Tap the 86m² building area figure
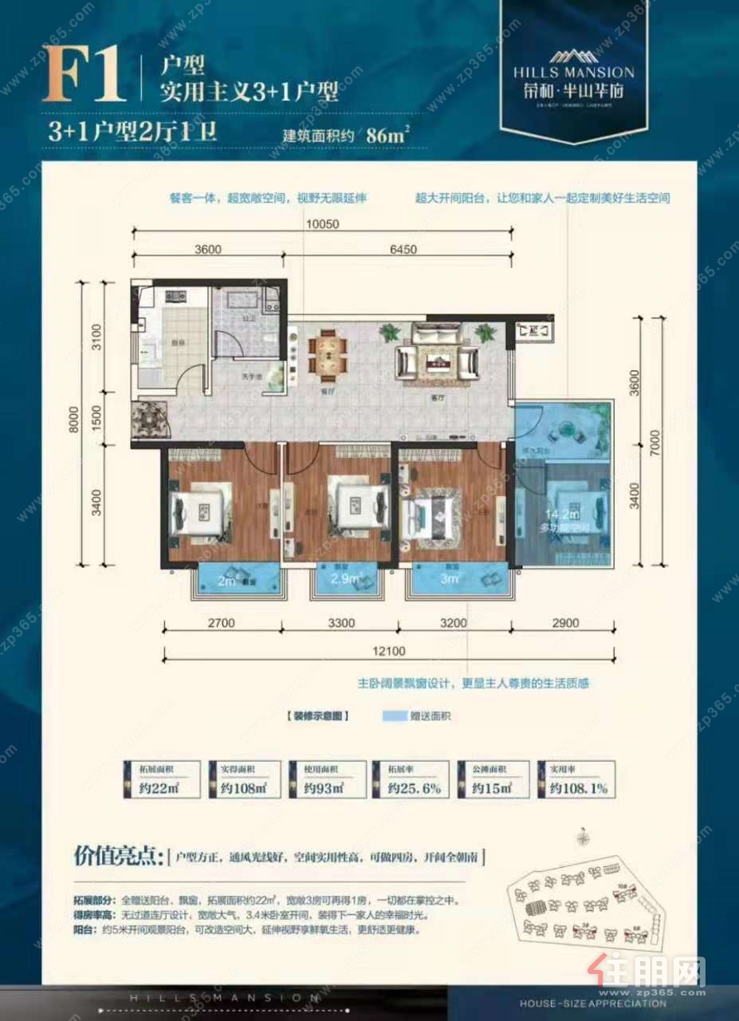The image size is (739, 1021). pyautogui.click(x=386, y=133)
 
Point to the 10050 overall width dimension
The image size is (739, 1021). pyautogui.click(x=322, y=224)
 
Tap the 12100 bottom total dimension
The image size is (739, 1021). pyautogui.click(x=388, y=651)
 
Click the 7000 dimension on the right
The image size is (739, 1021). pyautogui.click(x=653, y=443)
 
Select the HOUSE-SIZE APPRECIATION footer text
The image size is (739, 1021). pyautogui.click(x=592, y=1003)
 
